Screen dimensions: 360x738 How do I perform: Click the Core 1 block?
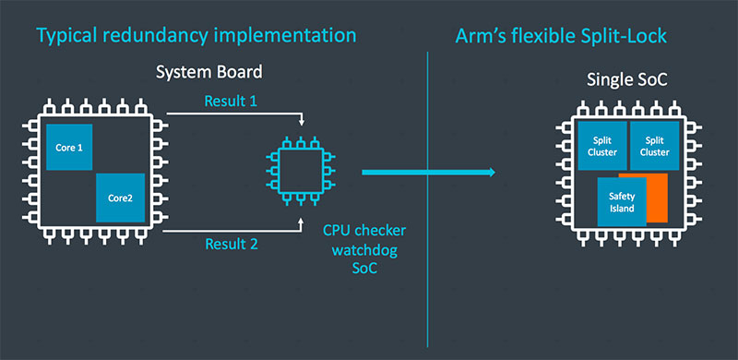pos(69,147)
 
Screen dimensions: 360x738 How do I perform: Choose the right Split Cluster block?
pos(652,145)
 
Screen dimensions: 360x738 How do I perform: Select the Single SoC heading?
pos(627,80)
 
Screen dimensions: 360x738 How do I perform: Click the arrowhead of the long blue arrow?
pos(489,173)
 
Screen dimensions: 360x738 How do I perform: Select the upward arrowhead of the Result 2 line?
pos(302,222)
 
